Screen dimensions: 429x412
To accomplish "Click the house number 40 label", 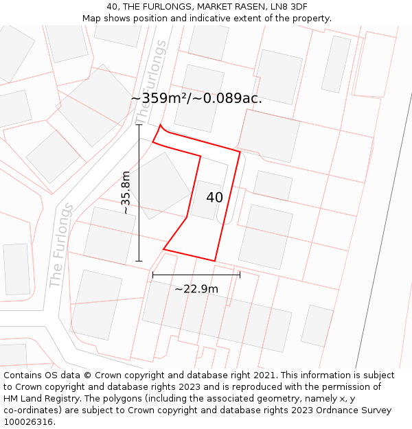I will [x=214, y=198].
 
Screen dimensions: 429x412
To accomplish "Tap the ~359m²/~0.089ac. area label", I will [x=196, y=98].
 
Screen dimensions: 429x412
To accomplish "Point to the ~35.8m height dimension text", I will [x=126, y=193].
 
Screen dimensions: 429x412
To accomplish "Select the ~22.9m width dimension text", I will [x=196, y=289].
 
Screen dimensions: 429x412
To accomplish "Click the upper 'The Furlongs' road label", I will [x=152, y=82].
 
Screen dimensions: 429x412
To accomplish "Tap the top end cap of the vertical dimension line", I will [x=139, y=125].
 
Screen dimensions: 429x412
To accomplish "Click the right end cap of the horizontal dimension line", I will [x=240, y=275].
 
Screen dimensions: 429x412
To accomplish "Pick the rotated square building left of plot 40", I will [x=161, y=186].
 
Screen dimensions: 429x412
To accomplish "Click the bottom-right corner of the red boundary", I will [x=215, y=261].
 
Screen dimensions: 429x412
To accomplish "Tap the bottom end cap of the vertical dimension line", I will [x=139, y=261].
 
